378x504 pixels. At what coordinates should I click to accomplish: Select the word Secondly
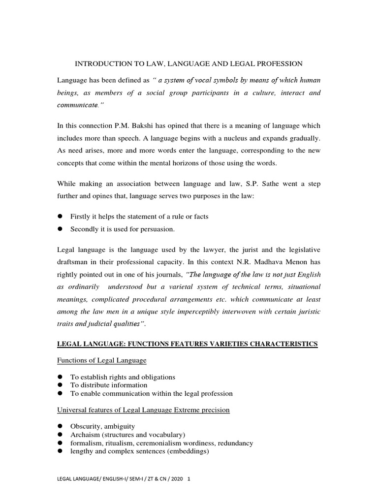pos(85,229)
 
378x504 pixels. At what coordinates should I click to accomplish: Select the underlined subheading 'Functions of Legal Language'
pos(102,360)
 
